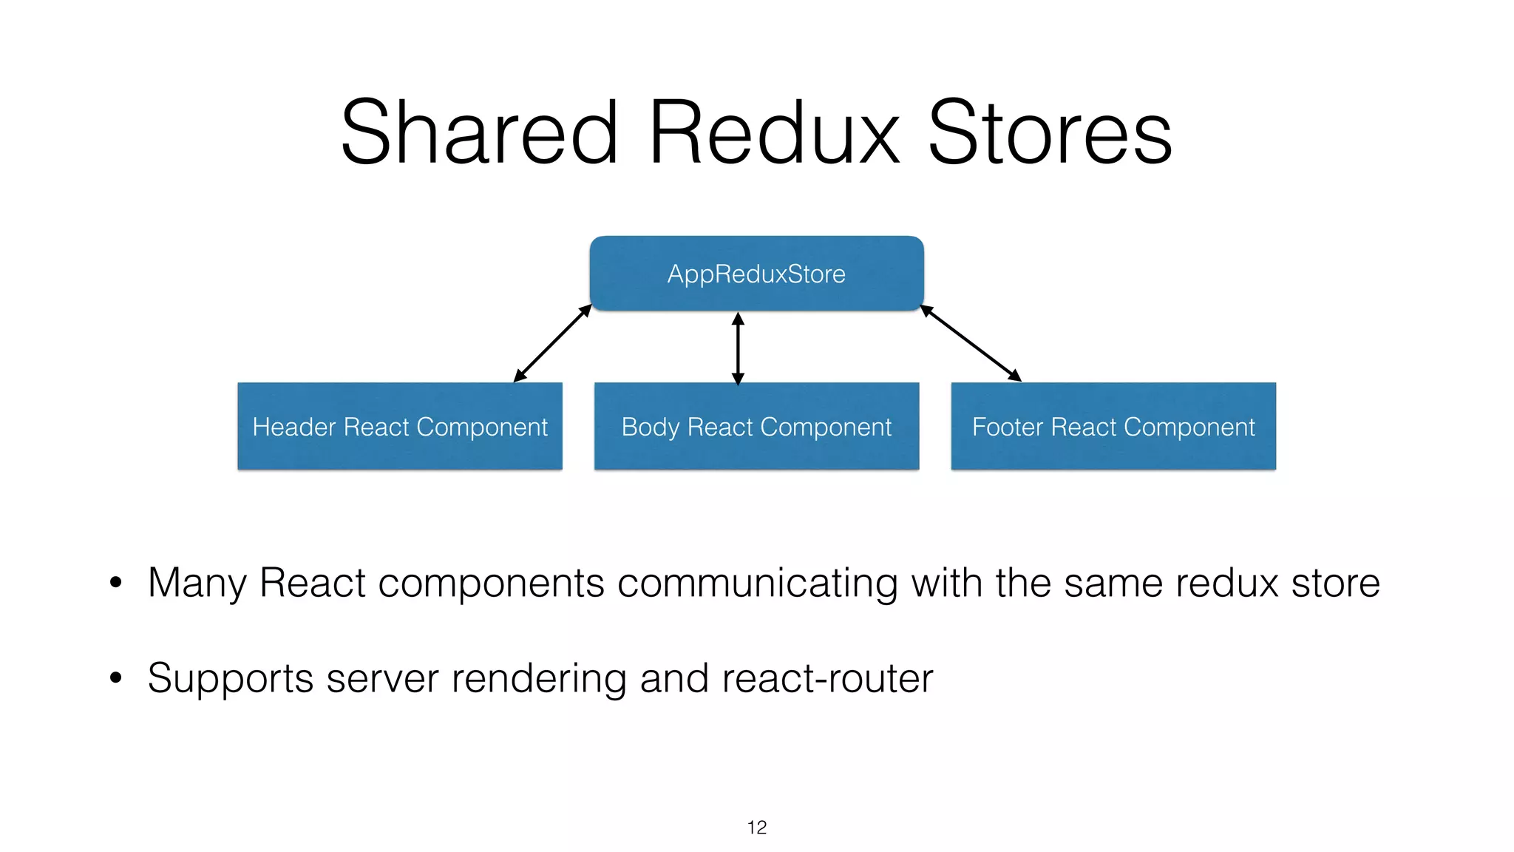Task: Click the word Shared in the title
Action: (x=479, y=133)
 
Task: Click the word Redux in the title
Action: (x=774, y=133)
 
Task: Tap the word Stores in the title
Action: (x=1050, y=133)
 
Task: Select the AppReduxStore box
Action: (x=756, y=274)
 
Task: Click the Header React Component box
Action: (x=400, y=427)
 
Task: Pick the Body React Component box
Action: (x=756, y=427)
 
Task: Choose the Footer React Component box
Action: (x=1113, y=427)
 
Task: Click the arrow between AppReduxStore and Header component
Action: (x=553, y=343)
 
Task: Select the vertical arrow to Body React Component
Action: (x=738, y=348)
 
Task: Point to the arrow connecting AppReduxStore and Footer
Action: (x=971, y=343)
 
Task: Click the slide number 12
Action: (x=757, y=828)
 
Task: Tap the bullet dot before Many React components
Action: (x=115, y=583)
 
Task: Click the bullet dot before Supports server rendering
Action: (x=115, y=677)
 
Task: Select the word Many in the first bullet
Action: (x=197, y=584)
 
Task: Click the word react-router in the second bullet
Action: (x=827, y=679)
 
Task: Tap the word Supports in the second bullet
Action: (x=231, y=679)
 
